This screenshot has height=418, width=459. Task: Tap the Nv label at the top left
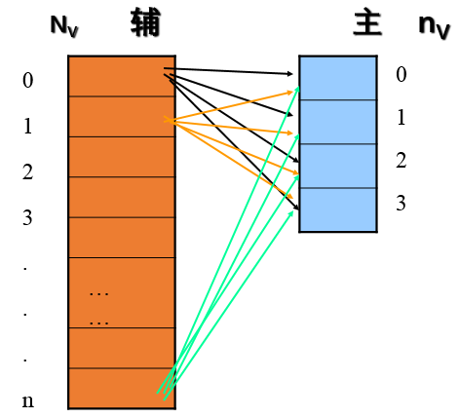coord(64,24)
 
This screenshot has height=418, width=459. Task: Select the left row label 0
coord(27,80)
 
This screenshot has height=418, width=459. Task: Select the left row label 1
coord(27,126)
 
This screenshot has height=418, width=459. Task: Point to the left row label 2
coord(27,172)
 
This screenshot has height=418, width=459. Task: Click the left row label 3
coord(27,217)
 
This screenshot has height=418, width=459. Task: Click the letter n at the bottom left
coord(27,400)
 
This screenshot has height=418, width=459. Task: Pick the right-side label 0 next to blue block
coord(401,74)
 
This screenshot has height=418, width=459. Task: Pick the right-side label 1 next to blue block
coord(401,118)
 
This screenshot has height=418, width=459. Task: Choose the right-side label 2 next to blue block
coord(401,161)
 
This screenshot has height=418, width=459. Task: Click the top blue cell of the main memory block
coord(337,78)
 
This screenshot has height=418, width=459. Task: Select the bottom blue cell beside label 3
coord(337,209)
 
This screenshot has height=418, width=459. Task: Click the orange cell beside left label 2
coord(121,157)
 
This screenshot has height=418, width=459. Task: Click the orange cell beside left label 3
coord(121,197)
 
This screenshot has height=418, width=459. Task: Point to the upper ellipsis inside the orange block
coord(98,291)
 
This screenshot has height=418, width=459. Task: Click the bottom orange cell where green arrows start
coord(121,388)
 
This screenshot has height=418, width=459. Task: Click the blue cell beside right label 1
coord(337,122)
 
